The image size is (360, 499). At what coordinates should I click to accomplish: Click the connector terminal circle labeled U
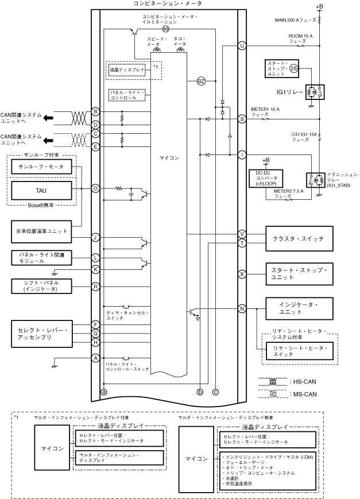(x=242, y=45)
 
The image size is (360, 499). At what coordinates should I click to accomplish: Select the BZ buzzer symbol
(x=201, y=81)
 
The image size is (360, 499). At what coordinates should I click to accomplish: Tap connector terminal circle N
(x=242, y=308)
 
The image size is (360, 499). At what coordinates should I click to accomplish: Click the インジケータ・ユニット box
(x=298, y=307)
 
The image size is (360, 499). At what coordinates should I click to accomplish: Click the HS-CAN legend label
(x=304, y=381)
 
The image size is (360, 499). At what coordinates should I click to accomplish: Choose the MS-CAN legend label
(x=304, y=394)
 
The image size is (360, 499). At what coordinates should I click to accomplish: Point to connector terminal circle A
(x=96, y=358)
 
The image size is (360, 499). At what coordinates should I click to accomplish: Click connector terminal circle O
(x=96, y=188)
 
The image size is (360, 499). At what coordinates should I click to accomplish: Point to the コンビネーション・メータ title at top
(x=167, y=3)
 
